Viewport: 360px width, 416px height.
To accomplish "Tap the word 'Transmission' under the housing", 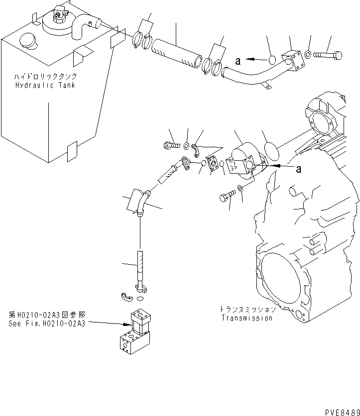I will pos(247,318).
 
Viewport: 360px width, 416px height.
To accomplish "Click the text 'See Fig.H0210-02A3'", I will pos(47,323).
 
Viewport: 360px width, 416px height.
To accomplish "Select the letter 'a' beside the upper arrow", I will pos(238,61).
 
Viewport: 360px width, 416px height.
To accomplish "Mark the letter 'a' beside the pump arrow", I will pos(299,169).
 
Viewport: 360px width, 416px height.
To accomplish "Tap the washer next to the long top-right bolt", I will pos(309,53).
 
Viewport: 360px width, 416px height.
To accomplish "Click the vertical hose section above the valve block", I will pos(141,268).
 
